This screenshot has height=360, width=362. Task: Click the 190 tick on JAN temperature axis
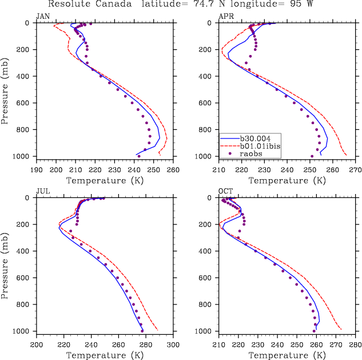(x=37, y=170)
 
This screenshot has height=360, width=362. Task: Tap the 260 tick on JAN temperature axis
(x=173, y=170)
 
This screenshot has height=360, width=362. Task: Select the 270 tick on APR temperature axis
(x=355, y=170)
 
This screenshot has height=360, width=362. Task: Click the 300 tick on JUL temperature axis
(x=173, y=345)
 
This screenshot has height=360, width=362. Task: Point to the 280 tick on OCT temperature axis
(x=355, y=345)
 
